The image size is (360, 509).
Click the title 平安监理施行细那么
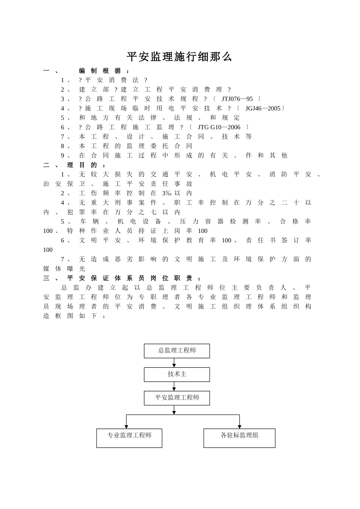[179, 57]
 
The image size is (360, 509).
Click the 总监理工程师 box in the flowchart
[177, 351]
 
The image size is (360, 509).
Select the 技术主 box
[177, 374]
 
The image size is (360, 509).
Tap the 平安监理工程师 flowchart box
[177, 398]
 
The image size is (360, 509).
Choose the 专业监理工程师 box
[129, 438]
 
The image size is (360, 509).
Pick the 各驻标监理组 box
[239, 438]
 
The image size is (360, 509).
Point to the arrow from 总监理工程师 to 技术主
[174, 363]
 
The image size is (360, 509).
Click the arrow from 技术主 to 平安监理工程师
[174, 386]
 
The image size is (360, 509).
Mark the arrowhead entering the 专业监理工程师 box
[126, 426]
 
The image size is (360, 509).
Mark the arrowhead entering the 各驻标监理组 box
[239, 426]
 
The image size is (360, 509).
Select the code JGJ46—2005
[263, 108]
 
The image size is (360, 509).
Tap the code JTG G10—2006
[219, 127]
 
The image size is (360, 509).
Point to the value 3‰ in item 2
[166, 193]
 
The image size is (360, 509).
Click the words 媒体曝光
[64, 269]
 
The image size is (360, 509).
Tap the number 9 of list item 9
[63, 155]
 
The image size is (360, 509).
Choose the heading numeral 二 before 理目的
[46, 165]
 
